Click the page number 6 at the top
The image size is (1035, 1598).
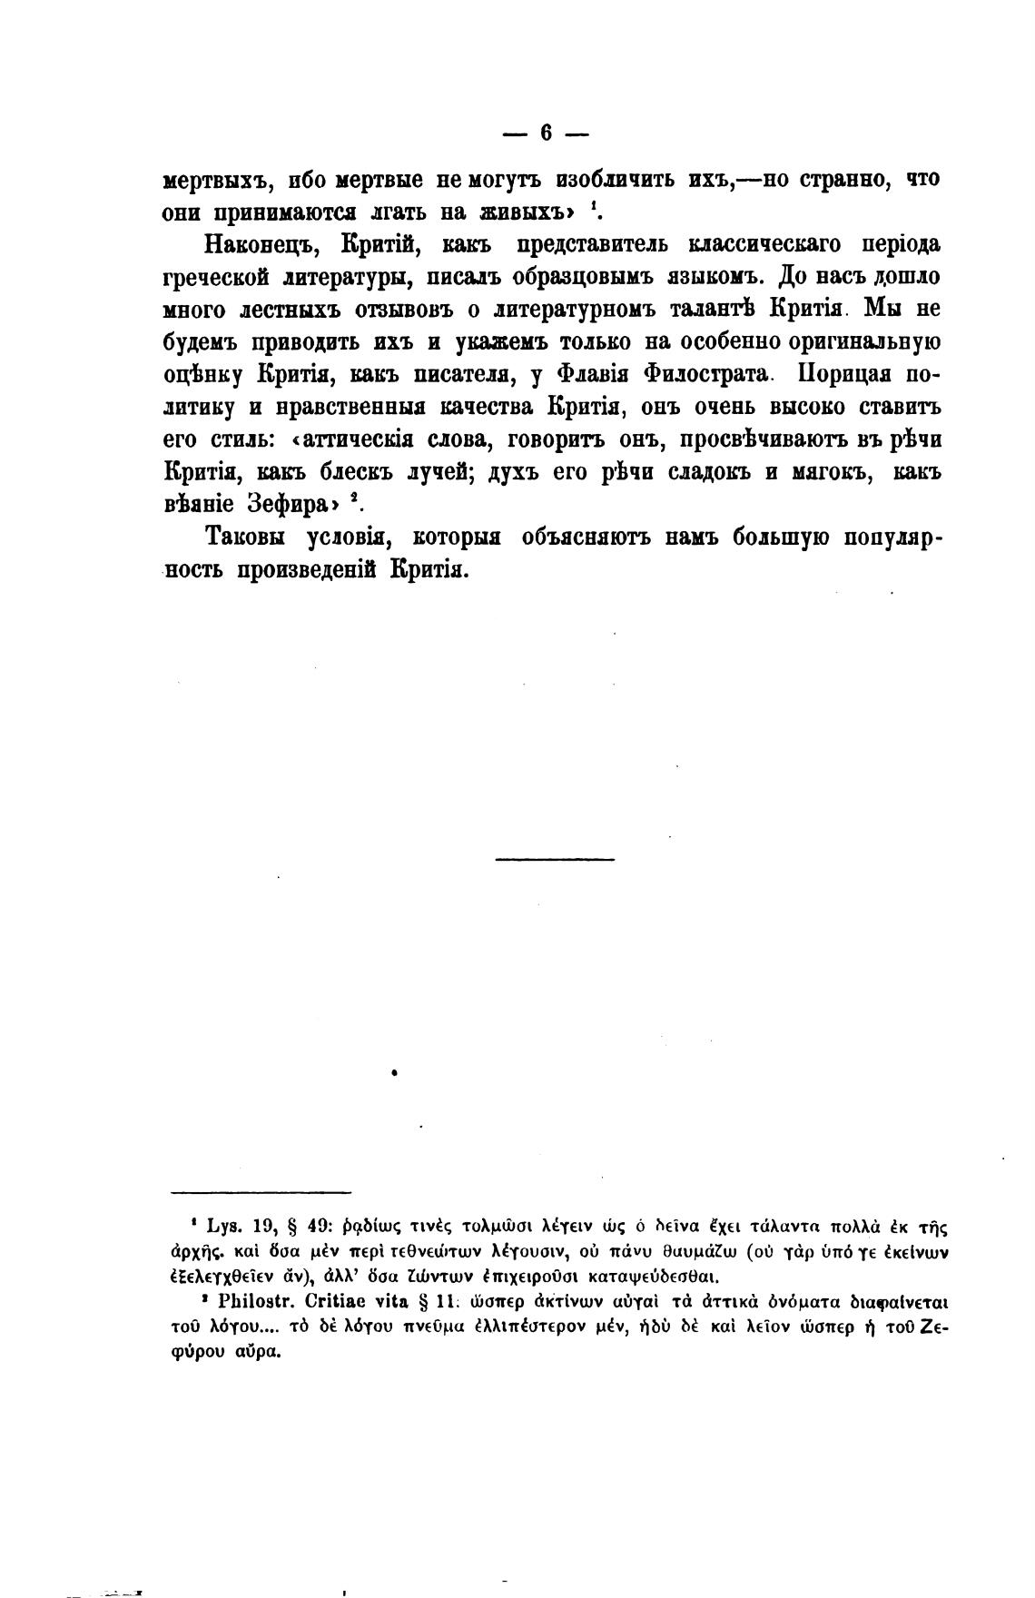click(546, 133)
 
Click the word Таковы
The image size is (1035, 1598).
click(244, 537)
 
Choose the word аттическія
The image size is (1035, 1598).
click(356, 439)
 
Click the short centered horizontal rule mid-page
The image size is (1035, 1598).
click(555, 858)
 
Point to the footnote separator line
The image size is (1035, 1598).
click(260, 1192)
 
